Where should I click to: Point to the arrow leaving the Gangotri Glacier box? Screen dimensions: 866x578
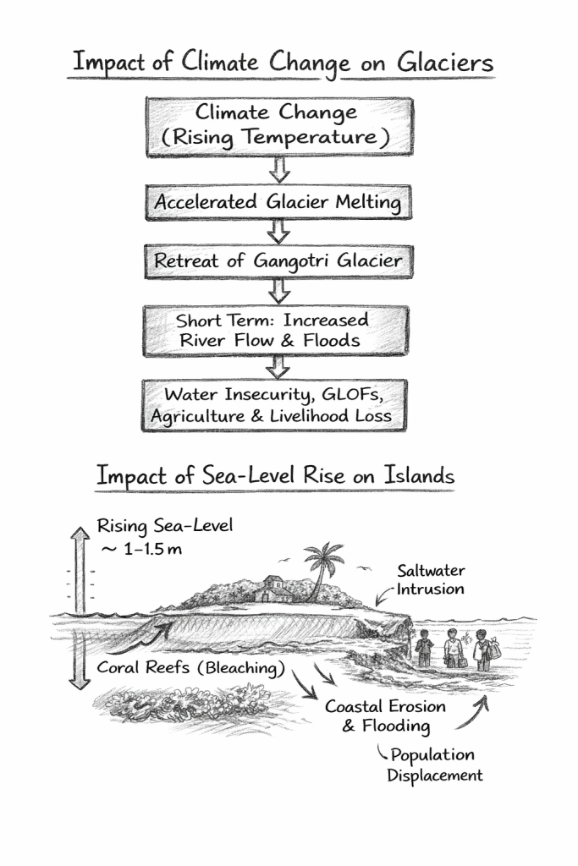point(278,290)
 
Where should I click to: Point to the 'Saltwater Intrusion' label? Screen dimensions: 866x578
point(431,580)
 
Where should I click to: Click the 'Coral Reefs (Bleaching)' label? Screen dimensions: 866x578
point(189,667)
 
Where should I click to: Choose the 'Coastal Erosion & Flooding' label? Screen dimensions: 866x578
point(385,716)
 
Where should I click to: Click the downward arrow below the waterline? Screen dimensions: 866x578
point(80,660)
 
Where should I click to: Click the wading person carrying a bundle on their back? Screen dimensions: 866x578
point(483,649)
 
